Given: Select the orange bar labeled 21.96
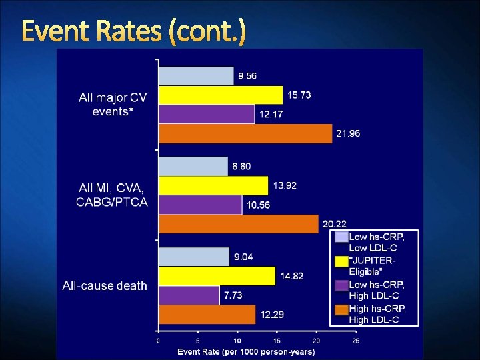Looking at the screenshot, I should (245, 133).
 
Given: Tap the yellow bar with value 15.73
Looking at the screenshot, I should (220, 95).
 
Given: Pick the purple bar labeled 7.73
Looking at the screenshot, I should (189, 295).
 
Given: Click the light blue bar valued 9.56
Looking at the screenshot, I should (196, 76).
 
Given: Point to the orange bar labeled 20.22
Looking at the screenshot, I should (238, 223).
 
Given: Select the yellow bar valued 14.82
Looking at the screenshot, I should (216, 276).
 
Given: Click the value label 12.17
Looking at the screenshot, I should (271, 115).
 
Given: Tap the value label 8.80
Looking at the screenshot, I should (242, 166).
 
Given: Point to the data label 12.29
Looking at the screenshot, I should (271, 314).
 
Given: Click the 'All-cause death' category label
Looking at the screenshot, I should (105, 286).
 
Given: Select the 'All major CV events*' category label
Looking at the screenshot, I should (113, 105).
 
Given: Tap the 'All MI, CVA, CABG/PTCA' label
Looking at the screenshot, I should (112, 195).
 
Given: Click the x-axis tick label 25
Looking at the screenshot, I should (355, 341).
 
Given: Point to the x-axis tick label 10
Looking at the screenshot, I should (237, 341).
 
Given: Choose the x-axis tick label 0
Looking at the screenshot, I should (158, 341).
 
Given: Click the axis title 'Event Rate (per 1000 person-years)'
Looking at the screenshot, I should (246, 351).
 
